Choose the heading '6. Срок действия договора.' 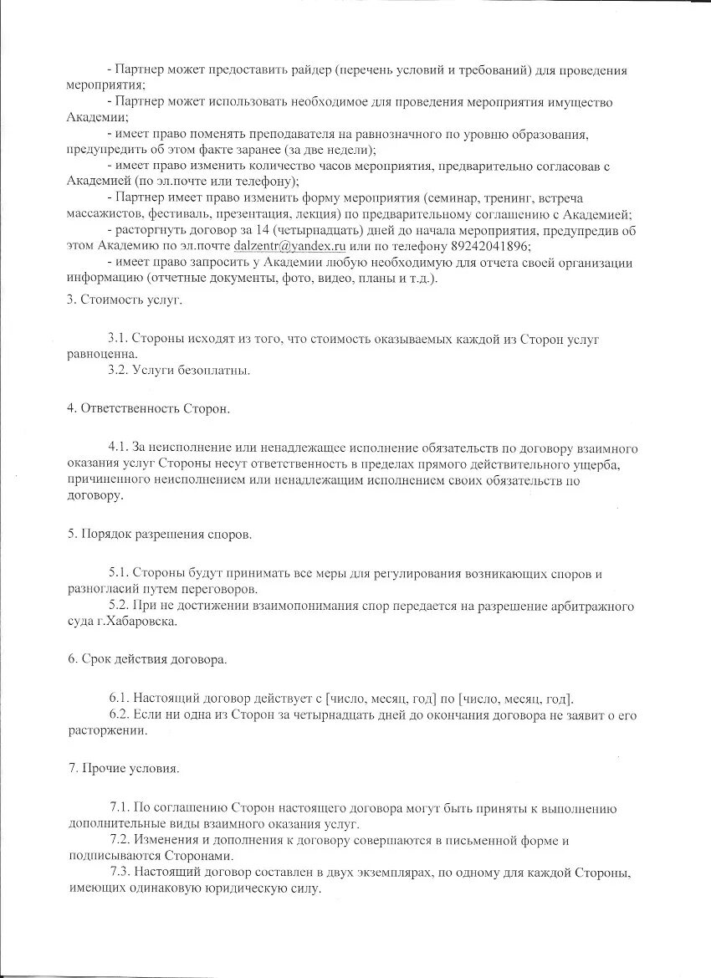(x=147, y=659)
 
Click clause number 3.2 (x=118, y=369)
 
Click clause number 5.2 (x=118, y=605)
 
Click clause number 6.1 (x=118, y=699)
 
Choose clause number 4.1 (x=118, y=448)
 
